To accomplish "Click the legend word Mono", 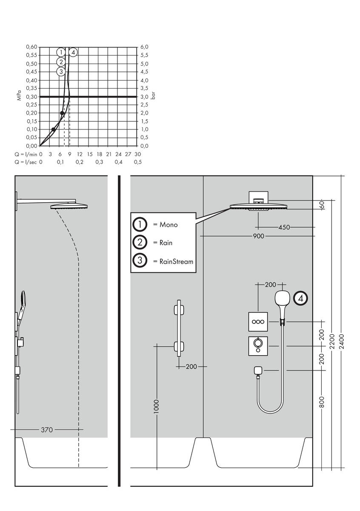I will click(169, 224).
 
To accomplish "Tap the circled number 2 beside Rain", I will click(140, 243).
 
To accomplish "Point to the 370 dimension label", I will click(47, 430).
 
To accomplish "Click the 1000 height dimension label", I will click(157, 407).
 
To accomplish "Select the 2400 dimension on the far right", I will click(342, 341).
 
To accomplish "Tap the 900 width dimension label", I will click(258, 235).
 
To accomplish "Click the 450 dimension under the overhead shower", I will click(284, 227).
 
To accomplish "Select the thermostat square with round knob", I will click(258, 345).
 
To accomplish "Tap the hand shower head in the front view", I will click(282, 299).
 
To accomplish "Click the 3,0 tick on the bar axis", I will click(144, 97).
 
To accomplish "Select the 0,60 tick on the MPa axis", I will click(32, 47).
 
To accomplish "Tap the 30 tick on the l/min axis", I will click(137, 154).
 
